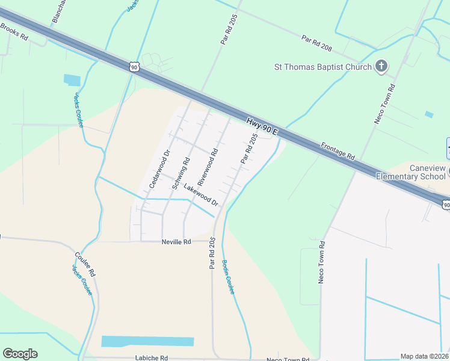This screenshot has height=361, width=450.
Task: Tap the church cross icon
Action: click(x=381, y=66)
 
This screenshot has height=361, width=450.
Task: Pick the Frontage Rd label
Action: click(x=337, y=150)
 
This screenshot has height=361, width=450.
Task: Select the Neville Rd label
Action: click(x=176, y=241)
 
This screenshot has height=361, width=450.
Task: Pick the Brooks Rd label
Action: click(x=14, y=31)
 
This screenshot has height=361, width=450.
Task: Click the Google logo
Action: click(x=20, y=354)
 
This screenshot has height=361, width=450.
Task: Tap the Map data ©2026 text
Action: click(x=424, y=356)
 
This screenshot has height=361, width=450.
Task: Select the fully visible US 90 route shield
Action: click(x=134, y=67)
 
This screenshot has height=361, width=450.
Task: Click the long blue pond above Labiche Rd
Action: click(x=147, y=341)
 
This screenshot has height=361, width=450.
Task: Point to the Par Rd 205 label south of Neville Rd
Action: click(x=212, y=253)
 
